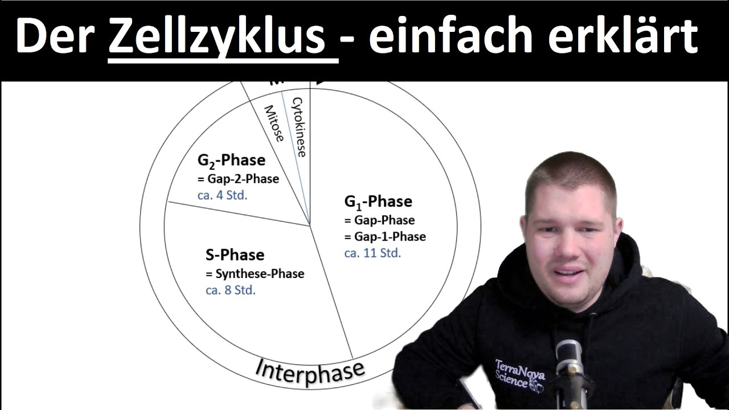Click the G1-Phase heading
(378, 202)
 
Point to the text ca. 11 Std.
(372, 253)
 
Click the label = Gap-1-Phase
(384, 236)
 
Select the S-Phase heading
(235, 255)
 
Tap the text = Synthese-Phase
(255, 273)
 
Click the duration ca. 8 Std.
(230, 290)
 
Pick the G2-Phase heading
(231, 160)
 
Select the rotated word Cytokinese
(299, 126)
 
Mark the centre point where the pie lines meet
(310, 224)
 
